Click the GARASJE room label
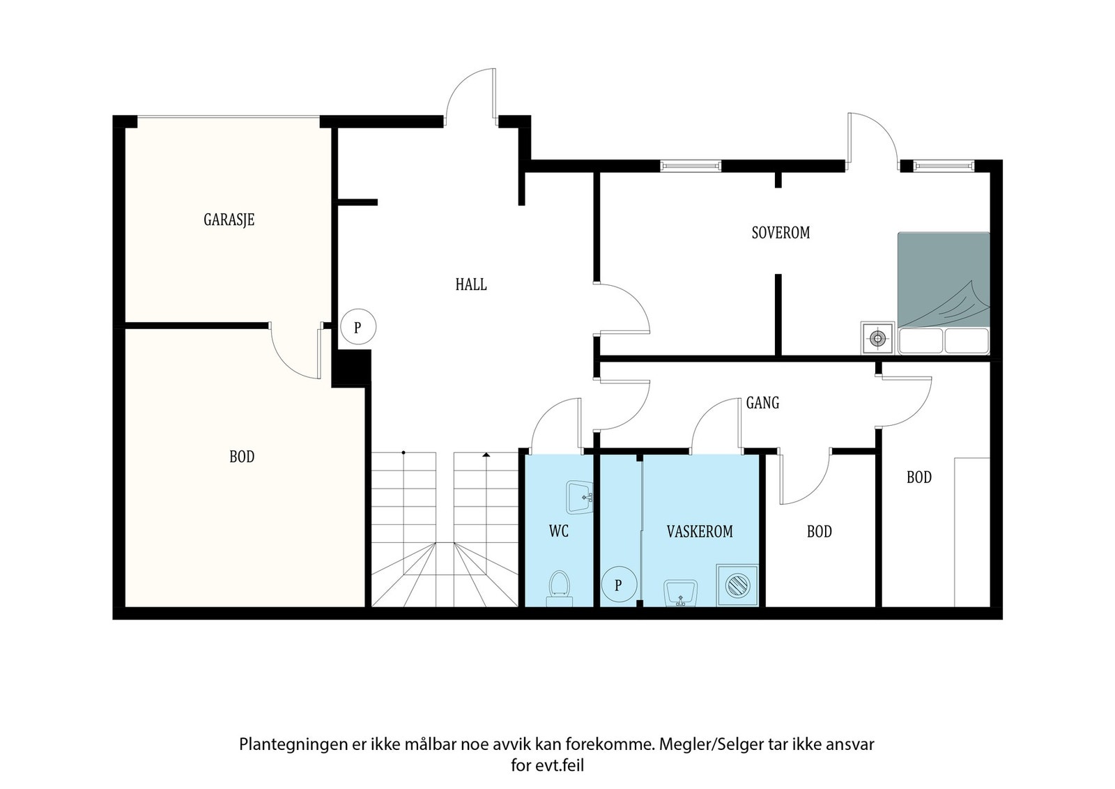coord(229,220)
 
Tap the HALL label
coord(471,284)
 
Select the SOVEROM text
coord(780,233)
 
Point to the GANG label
coord(762,403)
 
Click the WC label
coord(558,531)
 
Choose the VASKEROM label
coord(700,532)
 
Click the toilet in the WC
coord(560,588)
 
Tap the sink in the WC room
coord(579,497)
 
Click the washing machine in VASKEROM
coord(737,585)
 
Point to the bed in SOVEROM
coord(944,293)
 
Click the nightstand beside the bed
coord(877,338)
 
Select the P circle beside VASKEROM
coord(619,585)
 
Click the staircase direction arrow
coord(486,454)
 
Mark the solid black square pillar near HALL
coord(351,368)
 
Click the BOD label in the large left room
coord(242,457)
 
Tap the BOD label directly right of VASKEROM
coord(820,532)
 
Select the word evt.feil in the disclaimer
coord(560,765)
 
